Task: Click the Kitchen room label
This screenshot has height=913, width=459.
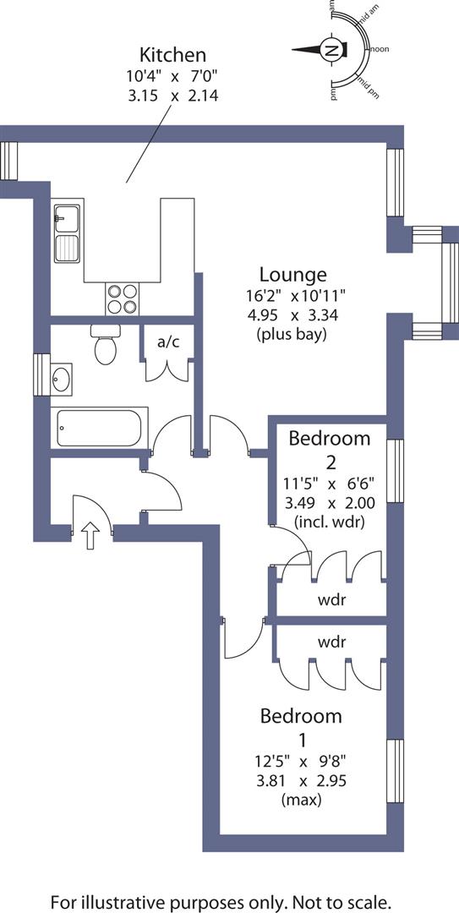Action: point(172,56)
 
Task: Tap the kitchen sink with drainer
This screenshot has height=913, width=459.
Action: point(66,233)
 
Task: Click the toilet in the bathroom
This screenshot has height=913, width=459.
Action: point(106,347)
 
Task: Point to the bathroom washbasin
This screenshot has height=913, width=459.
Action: point(61,380)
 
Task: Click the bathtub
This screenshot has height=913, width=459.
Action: point(100,428)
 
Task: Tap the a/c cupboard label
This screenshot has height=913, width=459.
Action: point(166,342)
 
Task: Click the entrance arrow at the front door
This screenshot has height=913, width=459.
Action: point(91,536)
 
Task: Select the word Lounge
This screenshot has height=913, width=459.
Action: point(292,275)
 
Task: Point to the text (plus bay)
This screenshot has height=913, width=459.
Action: point(292,334)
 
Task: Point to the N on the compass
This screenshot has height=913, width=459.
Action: point(332,51)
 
